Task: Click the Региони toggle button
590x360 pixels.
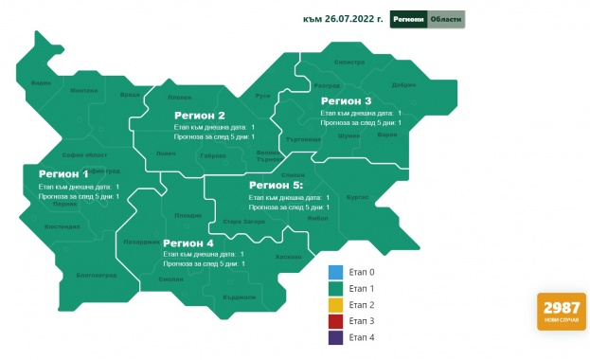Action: [408, 20]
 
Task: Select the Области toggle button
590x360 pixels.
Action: [446, 20]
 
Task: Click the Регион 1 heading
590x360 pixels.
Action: [63, 174]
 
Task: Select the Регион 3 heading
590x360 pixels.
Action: [346, 100]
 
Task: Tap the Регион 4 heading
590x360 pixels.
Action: [188, 243]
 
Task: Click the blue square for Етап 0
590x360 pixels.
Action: [335, 273]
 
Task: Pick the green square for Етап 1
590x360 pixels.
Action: [335, 289]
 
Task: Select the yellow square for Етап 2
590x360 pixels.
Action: [335, 305]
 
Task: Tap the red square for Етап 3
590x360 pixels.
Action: [335, 321]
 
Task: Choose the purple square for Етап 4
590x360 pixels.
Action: [335, 337]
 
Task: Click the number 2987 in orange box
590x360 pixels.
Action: [561, 307]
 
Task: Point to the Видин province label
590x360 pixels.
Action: [41, 83]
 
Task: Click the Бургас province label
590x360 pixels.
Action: [358, 197]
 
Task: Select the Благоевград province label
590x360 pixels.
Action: [96, 275]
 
